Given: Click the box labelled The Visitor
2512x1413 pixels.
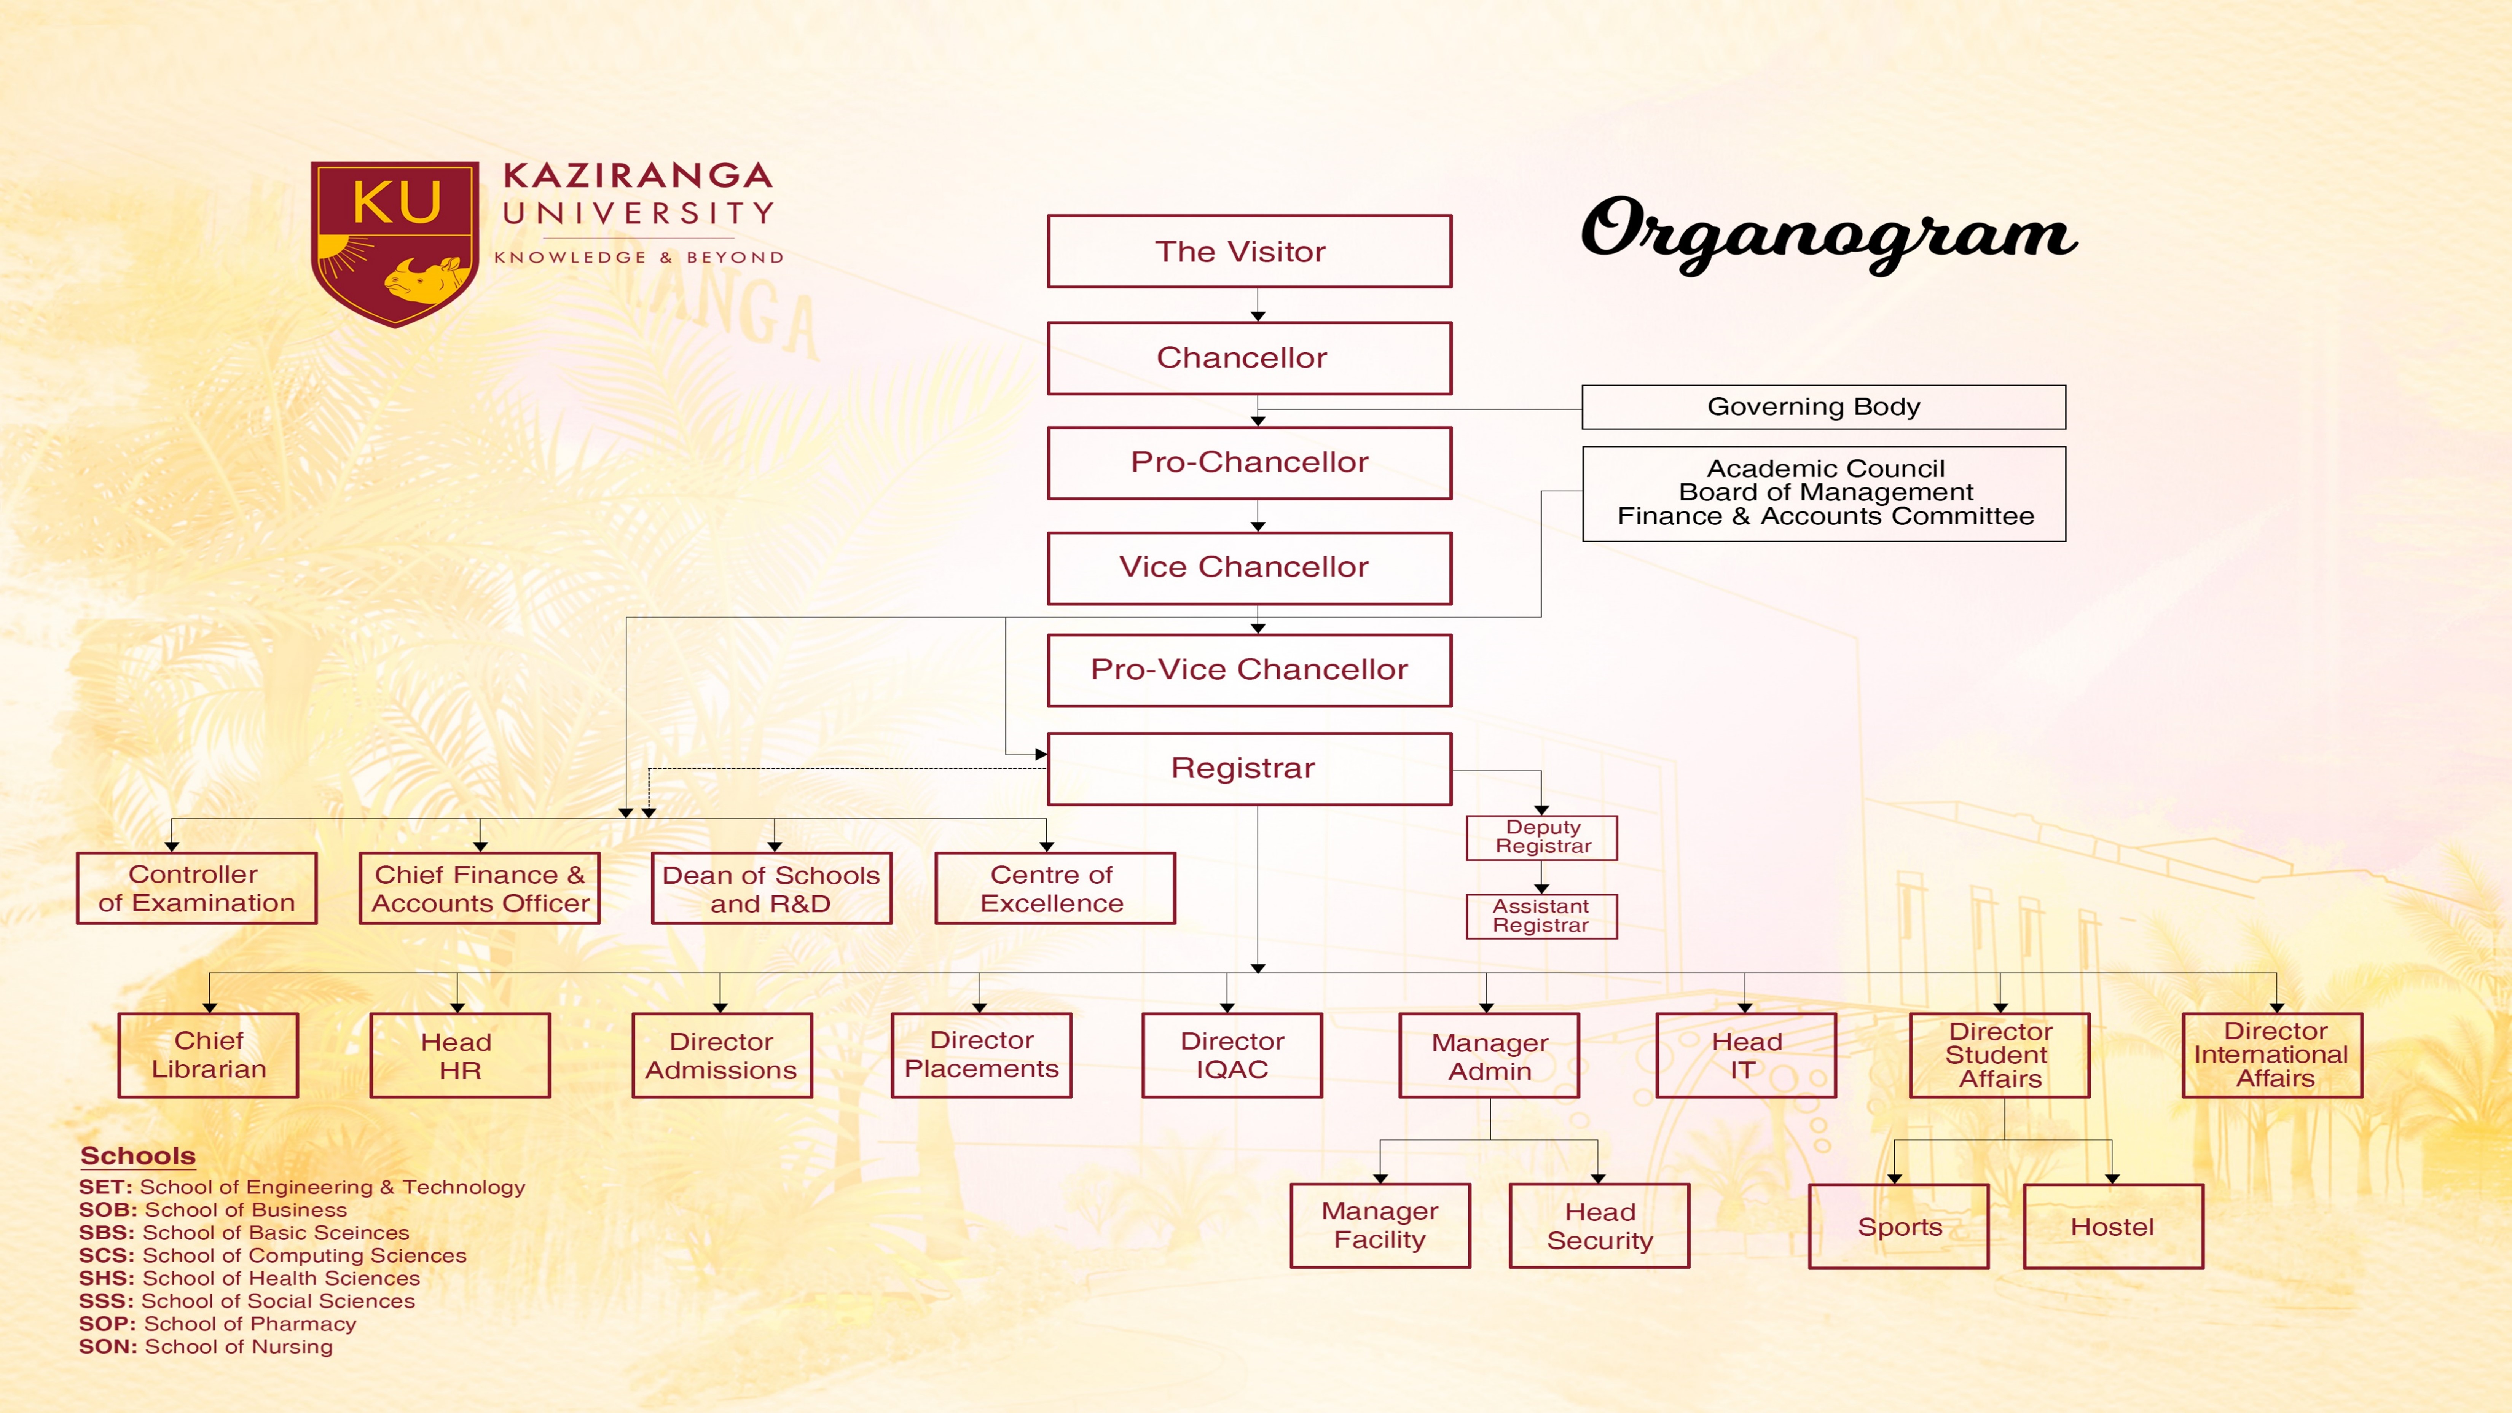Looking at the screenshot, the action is (x=1249, y=252).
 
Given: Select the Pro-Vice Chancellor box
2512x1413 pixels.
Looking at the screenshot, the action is (x=1249, y=670).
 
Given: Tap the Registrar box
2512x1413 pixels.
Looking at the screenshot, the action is (x=1249, y=768).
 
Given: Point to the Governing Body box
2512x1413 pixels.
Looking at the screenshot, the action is (x=1823, y=407).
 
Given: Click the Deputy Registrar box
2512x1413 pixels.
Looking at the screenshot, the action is (x=1542, y=838).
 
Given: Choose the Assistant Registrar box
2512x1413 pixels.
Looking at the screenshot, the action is (x=1542, y=917).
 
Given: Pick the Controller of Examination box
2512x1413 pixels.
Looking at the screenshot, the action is (x=197, y=888).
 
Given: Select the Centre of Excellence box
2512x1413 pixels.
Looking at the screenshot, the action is (x=1055, y=888).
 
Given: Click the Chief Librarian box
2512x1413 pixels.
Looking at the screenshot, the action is (x=209, y=1055).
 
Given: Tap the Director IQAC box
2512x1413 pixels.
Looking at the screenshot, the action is (x=1233, y=1055).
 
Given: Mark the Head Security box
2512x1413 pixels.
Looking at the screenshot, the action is (x=1599, y=1226).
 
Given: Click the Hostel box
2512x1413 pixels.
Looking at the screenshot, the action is (x=2113, y=1226).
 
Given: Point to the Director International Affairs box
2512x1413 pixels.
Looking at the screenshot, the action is (x=2272, y=1055).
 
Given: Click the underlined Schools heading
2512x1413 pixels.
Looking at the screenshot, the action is (x=137, y=1157).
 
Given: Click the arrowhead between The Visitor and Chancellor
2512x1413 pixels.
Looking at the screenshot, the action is (x=1258, y=316).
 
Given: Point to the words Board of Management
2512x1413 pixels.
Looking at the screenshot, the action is (x=1825, y=492).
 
